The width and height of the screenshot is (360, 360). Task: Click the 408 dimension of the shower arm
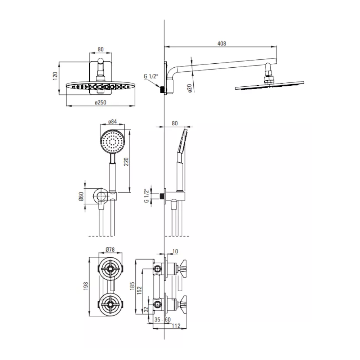[221, 44]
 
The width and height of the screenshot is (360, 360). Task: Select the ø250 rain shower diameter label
[100, 102]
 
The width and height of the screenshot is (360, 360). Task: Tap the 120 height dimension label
[55, 76]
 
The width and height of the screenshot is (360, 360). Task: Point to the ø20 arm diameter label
[189, 88]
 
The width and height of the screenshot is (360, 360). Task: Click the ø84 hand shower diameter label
[112, 121]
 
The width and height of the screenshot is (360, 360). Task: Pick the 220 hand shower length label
[126, 162]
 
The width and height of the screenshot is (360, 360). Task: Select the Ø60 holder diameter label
[81, 197]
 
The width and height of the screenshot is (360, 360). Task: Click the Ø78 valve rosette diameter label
[110, 249]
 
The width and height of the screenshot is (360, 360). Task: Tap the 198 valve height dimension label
[86, 286]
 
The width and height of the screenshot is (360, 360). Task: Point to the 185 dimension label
[132, 286]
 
